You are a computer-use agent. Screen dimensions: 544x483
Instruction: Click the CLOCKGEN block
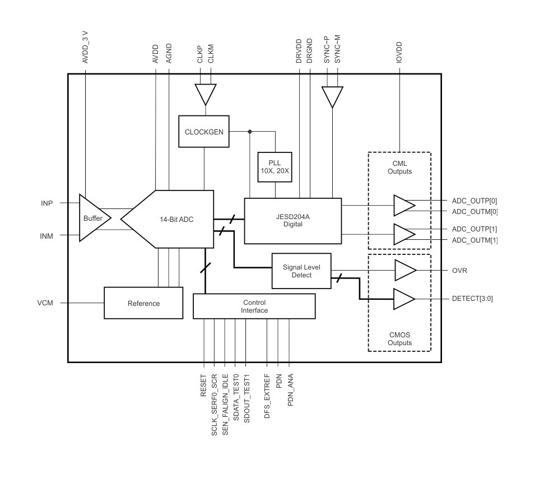[x=204, y=132]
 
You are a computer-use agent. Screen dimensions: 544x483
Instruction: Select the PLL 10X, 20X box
[x=275, y=167]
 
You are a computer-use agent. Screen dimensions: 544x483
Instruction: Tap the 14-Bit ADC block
[x=167, y=219]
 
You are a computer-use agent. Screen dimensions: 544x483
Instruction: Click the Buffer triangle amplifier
[x=95, y=218]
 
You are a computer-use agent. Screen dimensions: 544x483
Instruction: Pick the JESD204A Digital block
[x=293, y=221]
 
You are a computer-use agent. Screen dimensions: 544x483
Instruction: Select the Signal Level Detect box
[x=301, y=271]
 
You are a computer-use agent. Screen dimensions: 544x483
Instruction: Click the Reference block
[x=143, y=303]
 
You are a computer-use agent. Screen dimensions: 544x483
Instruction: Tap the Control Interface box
[x=254, y=306]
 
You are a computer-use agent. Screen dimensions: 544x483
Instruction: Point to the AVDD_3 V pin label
[x=85, y=47]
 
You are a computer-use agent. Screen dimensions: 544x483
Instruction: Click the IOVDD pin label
[x=399, y=53]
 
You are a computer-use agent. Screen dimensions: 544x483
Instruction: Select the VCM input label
[x=45, y=303]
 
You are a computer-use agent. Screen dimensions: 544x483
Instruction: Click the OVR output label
[x=459, y=271]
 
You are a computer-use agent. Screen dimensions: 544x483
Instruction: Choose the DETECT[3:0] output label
[x=472, y=299]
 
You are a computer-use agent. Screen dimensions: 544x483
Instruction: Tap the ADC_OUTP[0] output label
[x=475, y=201]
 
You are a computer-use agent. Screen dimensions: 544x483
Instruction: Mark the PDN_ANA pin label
[x=291, y=389]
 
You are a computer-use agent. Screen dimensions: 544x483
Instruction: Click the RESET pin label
[x=203, y=385]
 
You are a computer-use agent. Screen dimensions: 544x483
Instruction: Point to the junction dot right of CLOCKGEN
[x=250, y=132]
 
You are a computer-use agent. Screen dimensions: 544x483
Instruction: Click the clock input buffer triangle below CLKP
[x=206, y=94]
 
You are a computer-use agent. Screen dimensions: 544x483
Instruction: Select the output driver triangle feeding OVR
[x=406, y=270]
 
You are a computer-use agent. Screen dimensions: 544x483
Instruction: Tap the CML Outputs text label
[x=399, y=167]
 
